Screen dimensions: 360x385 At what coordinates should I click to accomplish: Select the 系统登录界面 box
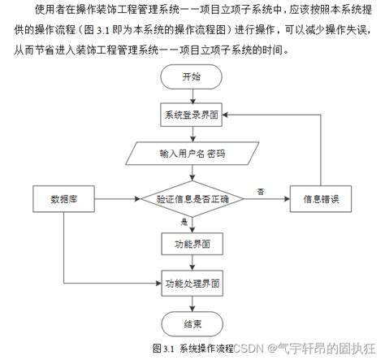point(192,115)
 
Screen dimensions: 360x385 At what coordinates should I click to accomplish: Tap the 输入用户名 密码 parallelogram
point(192,153)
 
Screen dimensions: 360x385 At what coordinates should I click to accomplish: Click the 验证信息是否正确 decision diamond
point(192,198)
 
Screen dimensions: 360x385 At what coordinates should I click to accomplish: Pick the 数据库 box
point(64,198)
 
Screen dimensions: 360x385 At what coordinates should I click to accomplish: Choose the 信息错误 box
point(320,198)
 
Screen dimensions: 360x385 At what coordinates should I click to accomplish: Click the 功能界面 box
point(192,243)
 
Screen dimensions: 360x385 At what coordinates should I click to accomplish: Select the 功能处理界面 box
point(192,284)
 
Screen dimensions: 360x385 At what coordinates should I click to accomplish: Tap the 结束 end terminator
point(192,323)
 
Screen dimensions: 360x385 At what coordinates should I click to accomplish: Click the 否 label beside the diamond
point(261,191)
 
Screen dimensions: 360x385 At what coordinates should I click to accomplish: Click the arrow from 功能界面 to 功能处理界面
point(192,264)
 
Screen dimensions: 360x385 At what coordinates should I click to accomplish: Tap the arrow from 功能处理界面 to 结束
point(192,303)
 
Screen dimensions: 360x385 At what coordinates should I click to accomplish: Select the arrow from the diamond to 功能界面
point(192,223)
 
